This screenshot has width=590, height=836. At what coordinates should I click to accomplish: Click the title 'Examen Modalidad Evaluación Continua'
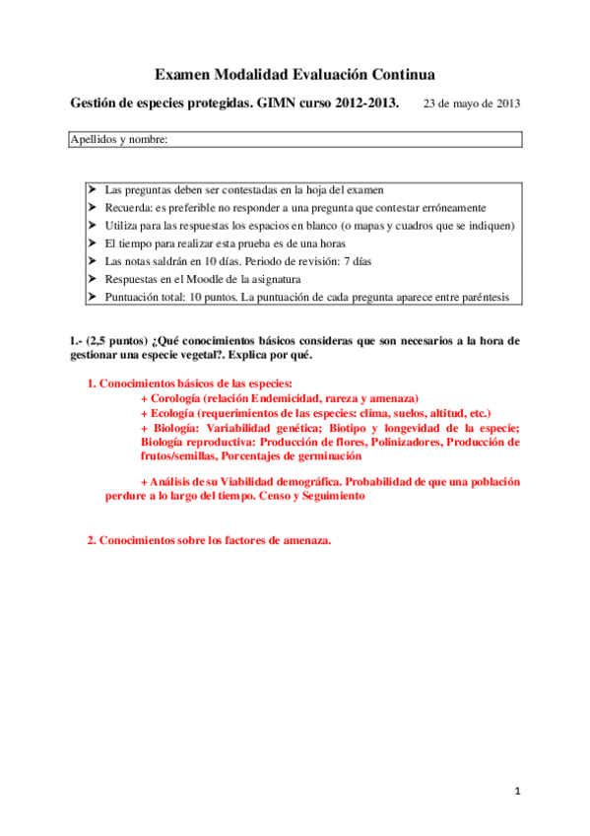tap(295, 74)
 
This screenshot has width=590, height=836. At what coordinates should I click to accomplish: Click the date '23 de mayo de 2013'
tap(472, 103)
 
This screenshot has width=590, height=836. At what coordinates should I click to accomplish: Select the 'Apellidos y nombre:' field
tap(295, 140)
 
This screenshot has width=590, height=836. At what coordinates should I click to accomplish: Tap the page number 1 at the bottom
tap(515, 791)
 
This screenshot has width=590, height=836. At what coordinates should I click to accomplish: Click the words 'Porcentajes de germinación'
tap(291, 456)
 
